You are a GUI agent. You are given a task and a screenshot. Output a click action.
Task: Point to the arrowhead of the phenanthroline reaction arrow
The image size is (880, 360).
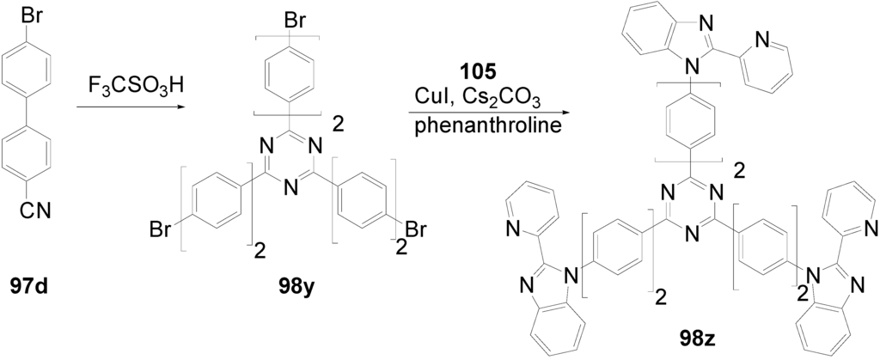566,109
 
